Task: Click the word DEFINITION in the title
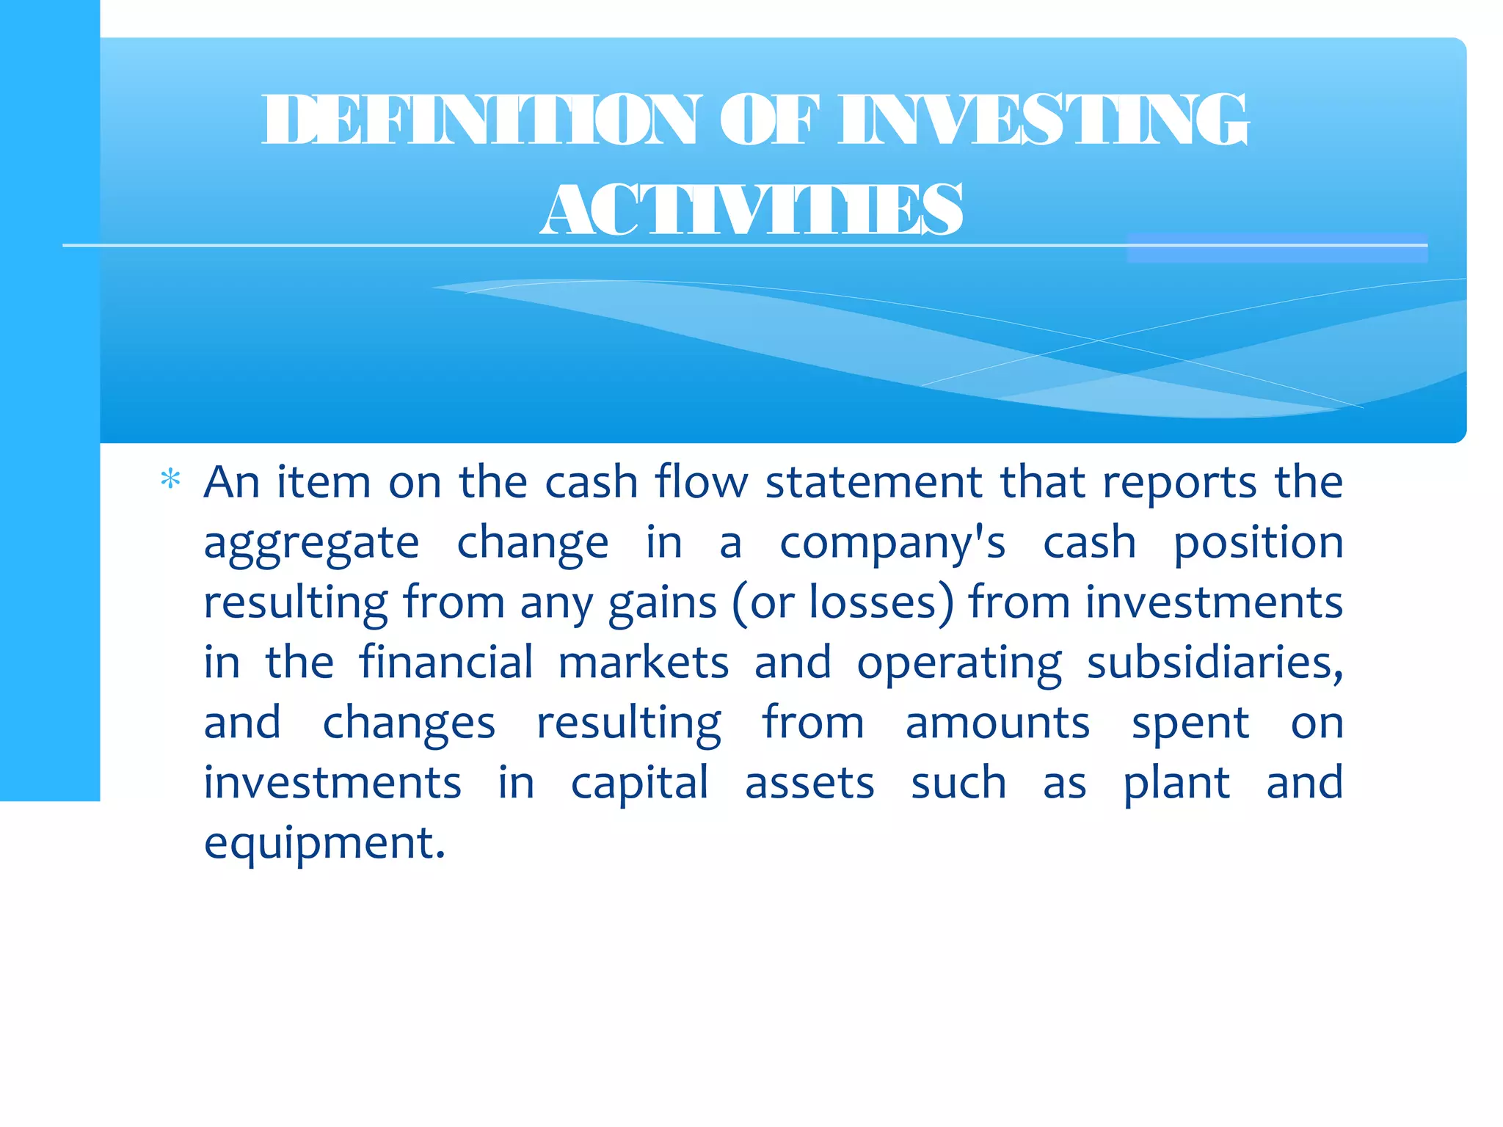pyautogui.click(x=481, y=120)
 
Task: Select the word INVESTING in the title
pyautogui.click(x=1043, y=120)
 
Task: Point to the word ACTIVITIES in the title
pyautogui.click(x=751, y=211)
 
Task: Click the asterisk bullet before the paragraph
pyautogui.click(x=170, y=480)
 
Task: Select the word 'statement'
pyautogui.click(x=873, y=483)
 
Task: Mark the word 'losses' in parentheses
pyautogui.click(x=873, y=603)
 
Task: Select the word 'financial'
pyautogui.click(x=445, y=663)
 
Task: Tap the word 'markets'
pyautogui.click(x=644, y=663)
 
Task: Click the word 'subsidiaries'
pyautogui.click(x=1214, y=663)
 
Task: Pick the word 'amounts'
pyautogui.click(x=997, y=723)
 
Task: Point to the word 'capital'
pyautogui.click(x=639, y=784)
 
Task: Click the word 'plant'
pyautogui.click(x=1176, y=784)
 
